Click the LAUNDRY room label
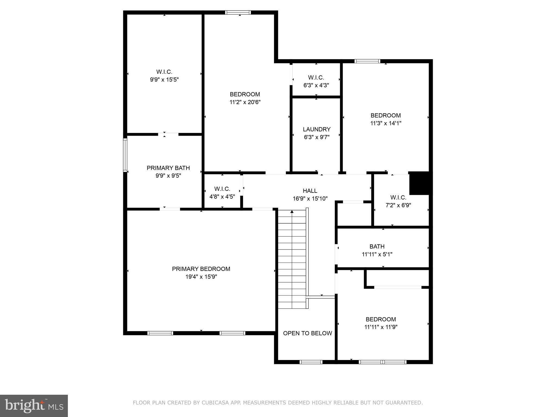317,129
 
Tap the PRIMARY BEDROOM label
201,269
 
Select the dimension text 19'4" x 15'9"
201,277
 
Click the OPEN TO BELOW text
307,333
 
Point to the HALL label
310,191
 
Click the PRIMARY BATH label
168,168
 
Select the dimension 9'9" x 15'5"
164,80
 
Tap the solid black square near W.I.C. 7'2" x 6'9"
419,183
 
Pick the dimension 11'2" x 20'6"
245,102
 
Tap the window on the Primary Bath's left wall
125,155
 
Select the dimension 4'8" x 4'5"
222,197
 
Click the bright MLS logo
34,406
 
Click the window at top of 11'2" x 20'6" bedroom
238,12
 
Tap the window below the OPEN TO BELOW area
311,362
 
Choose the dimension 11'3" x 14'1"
386,123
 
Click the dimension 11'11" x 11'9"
381,327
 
